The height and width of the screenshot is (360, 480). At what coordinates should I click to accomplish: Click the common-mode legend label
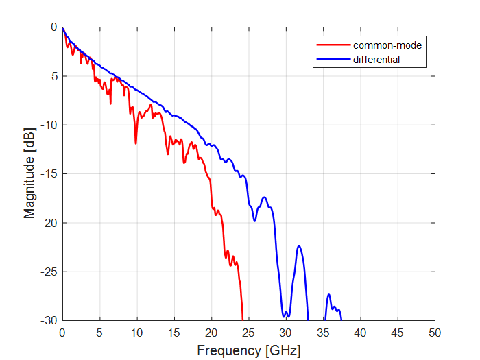pyautogui.click(x=387, y=46)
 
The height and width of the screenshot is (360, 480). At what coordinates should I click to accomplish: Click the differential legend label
pyautogui.click(x=376, y=60)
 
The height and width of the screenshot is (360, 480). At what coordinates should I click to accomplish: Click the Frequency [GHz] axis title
pyautogui.click(x=248, y=350)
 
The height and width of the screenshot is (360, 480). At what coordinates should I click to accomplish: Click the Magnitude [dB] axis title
pyautogui.click(x=29, y=173)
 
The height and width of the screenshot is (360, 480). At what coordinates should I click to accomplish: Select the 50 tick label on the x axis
pyautogui.click(x=434, y=333)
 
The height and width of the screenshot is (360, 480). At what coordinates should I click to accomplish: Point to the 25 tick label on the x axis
pyautogui.click(x=248, y=333)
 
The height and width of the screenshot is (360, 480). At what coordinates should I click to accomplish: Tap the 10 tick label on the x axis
pyautogui.click(x=136, y=333)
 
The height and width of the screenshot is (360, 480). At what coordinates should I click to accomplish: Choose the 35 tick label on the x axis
pyautogui.click(x=322, y=333)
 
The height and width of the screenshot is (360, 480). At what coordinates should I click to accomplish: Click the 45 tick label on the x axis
pyautogui.click(x=397, y=333)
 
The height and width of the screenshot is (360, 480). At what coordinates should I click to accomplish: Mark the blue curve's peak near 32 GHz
pyautogui.click(x=299, y=246)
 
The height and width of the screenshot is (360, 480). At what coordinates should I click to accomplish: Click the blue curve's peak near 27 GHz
pyautogui.click(x=264, y=197)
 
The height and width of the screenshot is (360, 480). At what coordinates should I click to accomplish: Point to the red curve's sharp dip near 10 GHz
pyautogui.click(x=136, y=143)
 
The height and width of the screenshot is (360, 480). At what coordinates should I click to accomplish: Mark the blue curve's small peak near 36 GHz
pyautogui.click(x=329, y=295)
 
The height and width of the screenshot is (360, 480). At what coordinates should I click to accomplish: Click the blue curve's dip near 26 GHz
pyautogui.click(x=255, y=220)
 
